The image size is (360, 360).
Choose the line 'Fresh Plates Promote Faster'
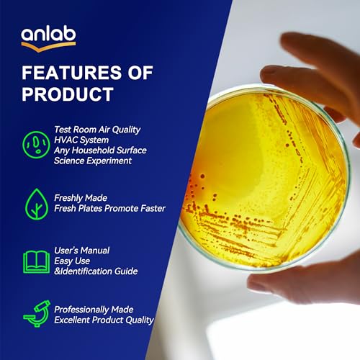(109, 208)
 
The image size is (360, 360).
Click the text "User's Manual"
(82, 250)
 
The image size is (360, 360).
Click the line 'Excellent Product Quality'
(104, 319)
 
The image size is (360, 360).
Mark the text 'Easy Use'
(76, 261)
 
